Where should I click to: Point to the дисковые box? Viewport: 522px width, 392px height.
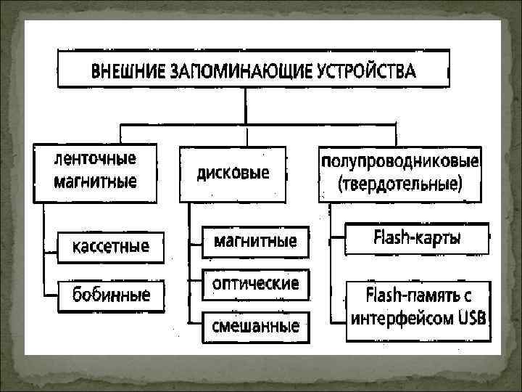coord(233,174)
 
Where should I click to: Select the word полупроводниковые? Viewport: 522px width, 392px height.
coord(399,159)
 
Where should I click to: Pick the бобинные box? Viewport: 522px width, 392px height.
coord(111,295)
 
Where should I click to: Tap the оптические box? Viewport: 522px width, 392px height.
coord(255,283)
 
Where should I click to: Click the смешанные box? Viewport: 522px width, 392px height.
coord(255,326)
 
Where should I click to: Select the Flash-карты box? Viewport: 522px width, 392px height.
coord(417,237)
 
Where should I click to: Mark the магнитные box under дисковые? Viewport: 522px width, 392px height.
coord(255,241)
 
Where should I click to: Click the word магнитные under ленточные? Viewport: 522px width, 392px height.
coord(96,181)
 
